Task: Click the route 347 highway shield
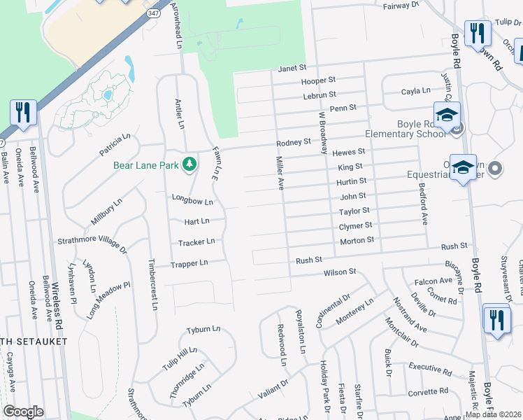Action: [x=153, y=13]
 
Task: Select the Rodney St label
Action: [x=293, y=142]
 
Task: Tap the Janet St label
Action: [x=292, y=69]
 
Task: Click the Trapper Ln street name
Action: [x=189, y=264]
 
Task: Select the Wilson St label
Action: [x=339, y=272]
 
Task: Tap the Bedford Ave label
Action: [x=422, y=204]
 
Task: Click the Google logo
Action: [x=23, y=412]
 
